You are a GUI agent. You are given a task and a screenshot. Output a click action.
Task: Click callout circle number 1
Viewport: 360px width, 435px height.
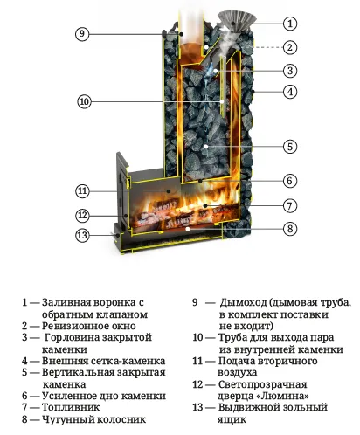point(290,24)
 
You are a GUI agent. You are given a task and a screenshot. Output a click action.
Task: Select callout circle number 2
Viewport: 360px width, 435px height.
point(290,47)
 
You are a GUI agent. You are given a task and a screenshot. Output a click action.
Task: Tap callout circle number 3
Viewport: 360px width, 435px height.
point(290,70)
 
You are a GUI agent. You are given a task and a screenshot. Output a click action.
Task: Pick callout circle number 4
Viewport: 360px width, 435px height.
point(290,92)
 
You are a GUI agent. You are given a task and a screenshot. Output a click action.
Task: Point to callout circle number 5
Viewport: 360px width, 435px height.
point(290,147)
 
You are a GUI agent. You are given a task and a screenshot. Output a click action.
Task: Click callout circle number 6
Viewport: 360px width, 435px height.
point(290,182)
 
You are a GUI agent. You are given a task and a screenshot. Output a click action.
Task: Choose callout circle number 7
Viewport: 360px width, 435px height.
point(290,206)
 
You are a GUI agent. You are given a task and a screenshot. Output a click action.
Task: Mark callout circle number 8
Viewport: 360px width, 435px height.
point(290,230)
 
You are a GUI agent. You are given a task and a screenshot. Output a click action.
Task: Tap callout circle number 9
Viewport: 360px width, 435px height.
point(82,34)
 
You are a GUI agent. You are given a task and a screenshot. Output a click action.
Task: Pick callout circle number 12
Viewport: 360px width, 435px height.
point(82,215)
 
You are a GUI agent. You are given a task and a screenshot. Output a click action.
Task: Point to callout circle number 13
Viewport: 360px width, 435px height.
point(82,235)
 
